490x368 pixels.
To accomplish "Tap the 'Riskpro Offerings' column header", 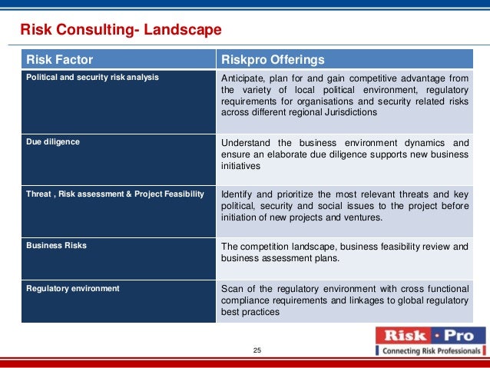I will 273,60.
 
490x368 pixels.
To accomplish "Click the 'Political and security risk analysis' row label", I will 93,78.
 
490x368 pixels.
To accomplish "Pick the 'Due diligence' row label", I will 53,142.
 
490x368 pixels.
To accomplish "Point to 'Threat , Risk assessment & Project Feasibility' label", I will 115,194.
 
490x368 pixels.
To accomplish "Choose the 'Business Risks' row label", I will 56,246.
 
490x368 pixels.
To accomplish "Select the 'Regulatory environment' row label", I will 73,288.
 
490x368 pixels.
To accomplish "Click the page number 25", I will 257,351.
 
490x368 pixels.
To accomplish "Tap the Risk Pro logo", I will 430,336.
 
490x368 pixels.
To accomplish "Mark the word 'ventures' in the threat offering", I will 361,217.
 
